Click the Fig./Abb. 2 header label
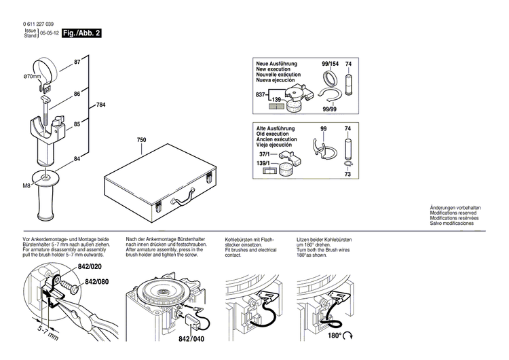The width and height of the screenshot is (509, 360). click(x=81, y=33)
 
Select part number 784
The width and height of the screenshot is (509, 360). click(x=101, y=105)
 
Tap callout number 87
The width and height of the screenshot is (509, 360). click(x=77, y=62)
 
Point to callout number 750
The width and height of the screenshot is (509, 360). click(x=141, y=141)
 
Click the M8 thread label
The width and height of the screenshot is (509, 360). click(x=27, y=185)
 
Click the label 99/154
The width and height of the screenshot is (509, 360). click(x=331, y=63)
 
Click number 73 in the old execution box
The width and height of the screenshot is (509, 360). click(x=348, y=174)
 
